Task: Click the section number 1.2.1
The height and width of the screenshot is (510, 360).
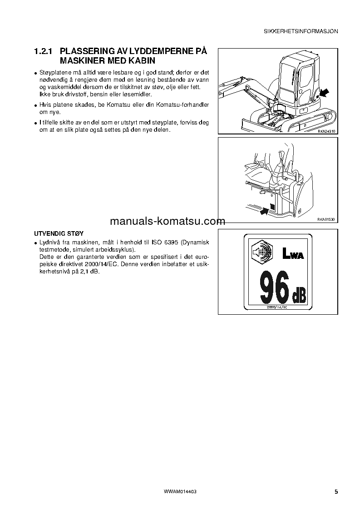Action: point(44,51)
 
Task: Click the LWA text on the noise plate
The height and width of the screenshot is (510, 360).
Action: point(292,253)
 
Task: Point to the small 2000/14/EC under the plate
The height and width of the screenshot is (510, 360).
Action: point(277,307)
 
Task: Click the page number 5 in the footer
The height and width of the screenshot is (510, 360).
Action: point(336,491)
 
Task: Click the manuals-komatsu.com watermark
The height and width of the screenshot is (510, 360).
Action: point(167,222)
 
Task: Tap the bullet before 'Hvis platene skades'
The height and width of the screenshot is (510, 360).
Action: point(35,105)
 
